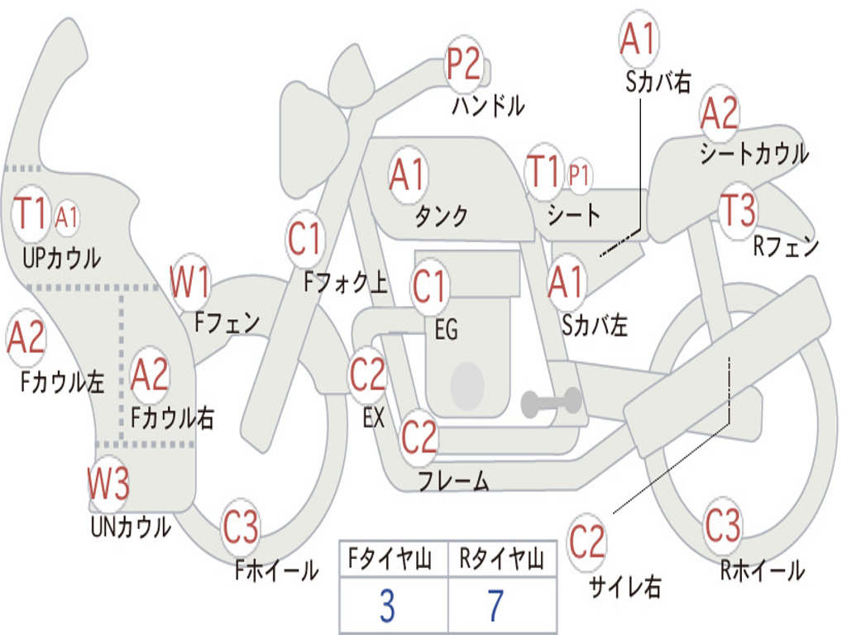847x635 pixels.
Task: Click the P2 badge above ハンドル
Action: point(463,64)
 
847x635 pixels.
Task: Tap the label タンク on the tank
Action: point(442,216)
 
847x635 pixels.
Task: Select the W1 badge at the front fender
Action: point(189,282)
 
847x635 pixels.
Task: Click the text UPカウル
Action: point(61,258)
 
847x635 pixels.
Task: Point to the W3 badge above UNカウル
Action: point(108,483)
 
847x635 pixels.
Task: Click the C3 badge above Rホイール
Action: point(723,525)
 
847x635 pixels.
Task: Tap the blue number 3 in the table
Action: point(387,606)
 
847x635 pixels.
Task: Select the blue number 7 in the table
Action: point(495,606)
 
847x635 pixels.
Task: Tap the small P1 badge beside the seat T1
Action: point(578,174)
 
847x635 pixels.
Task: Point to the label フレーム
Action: point(454,480)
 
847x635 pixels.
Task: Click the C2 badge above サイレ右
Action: point(587,542)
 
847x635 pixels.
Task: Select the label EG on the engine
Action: point(446,329)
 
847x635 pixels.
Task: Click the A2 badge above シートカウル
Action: point(719,113)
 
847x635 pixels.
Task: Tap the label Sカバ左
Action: point(594,326)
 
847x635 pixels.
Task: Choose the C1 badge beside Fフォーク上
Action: point(305,238)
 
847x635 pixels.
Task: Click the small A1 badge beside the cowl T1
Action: point(66,218)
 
